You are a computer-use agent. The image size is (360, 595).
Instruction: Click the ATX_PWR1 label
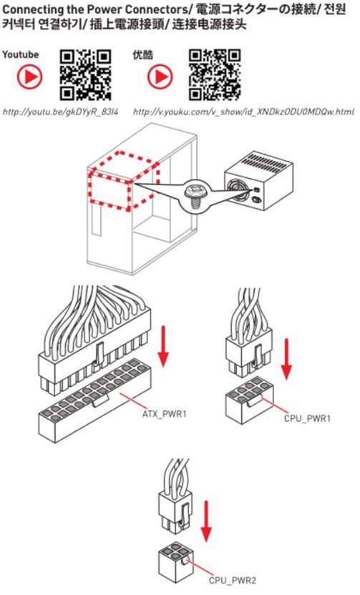click(x=165, y=414)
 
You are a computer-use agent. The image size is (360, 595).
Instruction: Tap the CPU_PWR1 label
click(x=307, y=418)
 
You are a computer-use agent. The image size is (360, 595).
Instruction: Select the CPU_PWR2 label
click(x=233, y=581)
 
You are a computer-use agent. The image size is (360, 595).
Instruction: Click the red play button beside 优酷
click(x=160, y=77)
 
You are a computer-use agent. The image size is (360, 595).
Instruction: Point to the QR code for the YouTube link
click(x=85, y=75)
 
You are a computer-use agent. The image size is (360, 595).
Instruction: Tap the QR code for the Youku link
click(x=215, y=75)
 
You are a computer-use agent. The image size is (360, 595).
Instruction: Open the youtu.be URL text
click(x=61, y=112)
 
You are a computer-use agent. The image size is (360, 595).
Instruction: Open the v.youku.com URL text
click(x=243, y=112)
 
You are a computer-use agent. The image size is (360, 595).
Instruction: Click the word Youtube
click(x=21, y=54)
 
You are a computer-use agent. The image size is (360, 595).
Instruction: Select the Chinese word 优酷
click(x=143, y=55)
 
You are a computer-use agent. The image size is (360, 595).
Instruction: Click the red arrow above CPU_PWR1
click(x=287, y=359)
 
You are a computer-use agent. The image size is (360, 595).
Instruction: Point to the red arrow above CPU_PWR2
click(x=206, y=521)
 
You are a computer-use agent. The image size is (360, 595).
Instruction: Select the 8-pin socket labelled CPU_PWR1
click(x=250, y=400)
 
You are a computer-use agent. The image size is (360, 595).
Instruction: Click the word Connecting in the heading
click(x=32, y=9)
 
